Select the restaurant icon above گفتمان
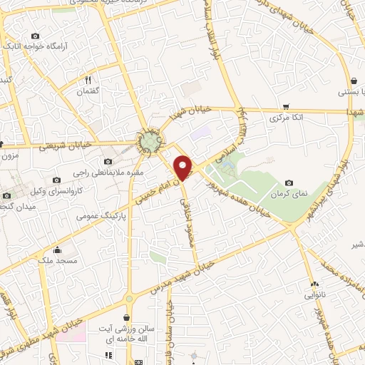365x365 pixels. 88,80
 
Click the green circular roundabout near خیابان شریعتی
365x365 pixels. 150,143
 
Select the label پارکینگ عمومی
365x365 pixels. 106,213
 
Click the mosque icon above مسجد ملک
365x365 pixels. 58,251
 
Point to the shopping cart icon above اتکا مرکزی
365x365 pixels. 287,106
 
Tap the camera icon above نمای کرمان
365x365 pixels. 289,183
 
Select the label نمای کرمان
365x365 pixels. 289,194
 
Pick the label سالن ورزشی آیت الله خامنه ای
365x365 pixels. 126,334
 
